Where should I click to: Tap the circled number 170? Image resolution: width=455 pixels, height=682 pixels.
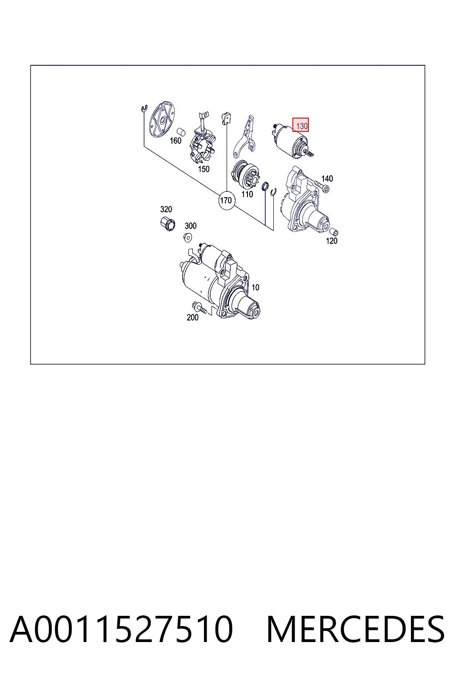[226, 200]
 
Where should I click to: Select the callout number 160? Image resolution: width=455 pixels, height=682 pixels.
[176, 141]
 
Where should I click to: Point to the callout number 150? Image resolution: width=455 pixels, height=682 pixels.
[204, 169]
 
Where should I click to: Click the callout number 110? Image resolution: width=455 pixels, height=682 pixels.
[247, 194]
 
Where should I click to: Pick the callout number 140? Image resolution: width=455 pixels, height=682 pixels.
[327, 178]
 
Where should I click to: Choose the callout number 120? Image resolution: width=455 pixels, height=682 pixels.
[331, 241]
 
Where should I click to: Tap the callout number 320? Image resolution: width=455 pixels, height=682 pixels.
[166, 209]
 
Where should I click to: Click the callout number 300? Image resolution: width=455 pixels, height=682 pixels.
[191, 226]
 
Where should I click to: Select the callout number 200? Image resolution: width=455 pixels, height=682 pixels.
[192, 317]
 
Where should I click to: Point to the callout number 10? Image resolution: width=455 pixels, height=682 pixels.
[255, 287]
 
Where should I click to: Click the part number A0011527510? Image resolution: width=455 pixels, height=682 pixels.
[121, 629]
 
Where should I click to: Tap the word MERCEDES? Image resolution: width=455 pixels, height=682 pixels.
[355, 629]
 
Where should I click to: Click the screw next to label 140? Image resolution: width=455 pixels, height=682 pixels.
[322, 186]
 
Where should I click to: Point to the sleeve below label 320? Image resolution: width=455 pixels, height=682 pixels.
[168, 224]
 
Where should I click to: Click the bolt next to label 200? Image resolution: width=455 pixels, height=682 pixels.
[199, 308]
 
